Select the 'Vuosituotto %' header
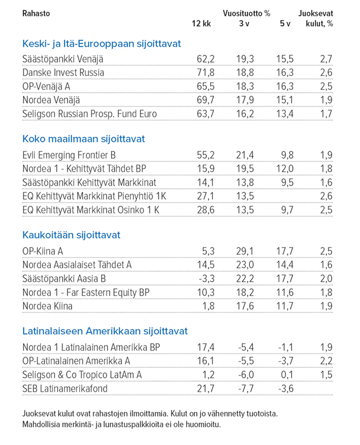tap(246, 13)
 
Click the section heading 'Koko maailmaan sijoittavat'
tap(84, 139)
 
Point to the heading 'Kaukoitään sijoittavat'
tap(71, 235)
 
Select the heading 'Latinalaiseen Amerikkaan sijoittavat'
tap(105, 331)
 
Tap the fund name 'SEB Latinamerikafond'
tap(65, 388)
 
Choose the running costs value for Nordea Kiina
tap(327, 307)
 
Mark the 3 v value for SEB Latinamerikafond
tap(247, 388)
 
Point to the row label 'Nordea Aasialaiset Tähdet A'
tap(78, 265)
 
